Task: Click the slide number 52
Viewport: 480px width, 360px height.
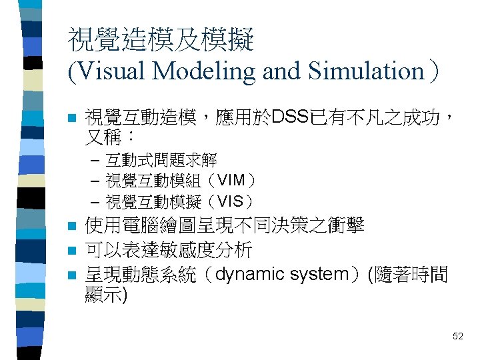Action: point(457,336)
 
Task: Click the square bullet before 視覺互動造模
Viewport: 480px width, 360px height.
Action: point(73,119)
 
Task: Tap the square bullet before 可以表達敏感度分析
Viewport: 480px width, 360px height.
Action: point(73,251)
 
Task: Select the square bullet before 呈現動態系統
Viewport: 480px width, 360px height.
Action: point(73,275)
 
